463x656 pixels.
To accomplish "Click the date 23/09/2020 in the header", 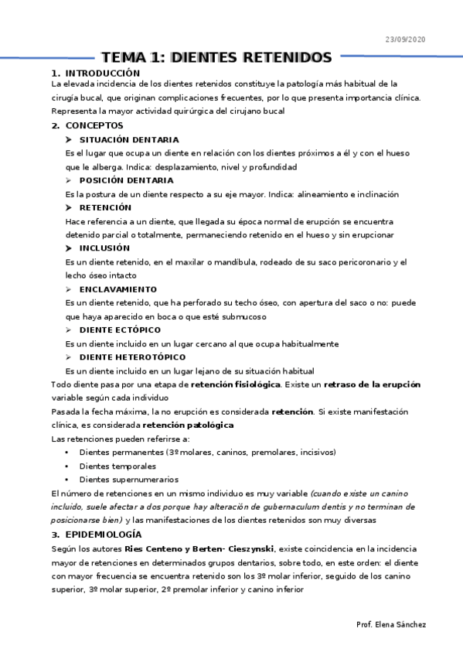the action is tap(405, 39).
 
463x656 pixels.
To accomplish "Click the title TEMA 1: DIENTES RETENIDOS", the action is tap(216, 58).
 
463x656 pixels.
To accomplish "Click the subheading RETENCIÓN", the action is tap(105, 207).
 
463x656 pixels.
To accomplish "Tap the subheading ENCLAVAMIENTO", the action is tap(118, 289).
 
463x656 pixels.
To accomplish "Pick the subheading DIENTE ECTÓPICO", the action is tap(121, 330).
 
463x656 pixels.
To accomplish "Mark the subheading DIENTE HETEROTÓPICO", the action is tap(132, 357).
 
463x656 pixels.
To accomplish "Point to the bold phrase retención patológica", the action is tap(188, 425).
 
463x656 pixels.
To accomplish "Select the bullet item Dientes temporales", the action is tap(117, 466).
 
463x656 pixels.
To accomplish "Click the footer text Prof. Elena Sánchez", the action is tap(391, 624).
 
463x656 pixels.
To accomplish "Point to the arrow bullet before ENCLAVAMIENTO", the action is tap(70, 289).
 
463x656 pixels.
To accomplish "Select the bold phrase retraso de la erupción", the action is tap(372, 384).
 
